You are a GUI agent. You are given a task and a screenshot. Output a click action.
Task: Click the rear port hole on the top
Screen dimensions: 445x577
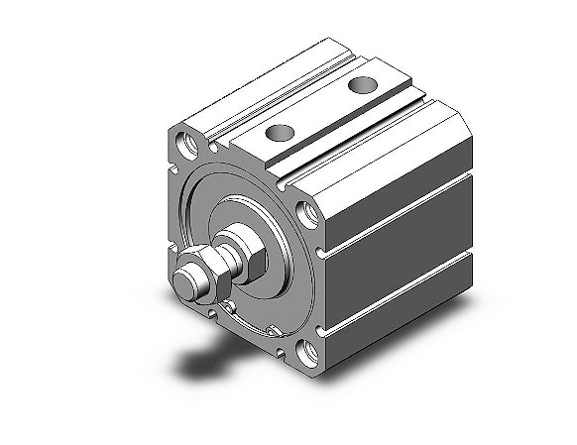(x=358, y=88)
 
